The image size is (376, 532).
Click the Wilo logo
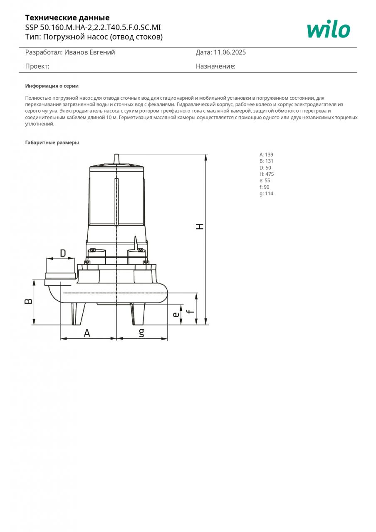click(x=328, y=30)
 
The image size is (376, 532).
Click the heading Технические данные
click(x=67, y=17)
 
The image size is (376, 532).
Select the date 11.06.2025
click(x=229, y=52)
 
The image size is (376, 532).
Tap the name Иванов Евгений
click(x=89, y=52)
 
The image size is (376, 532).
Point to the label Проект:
click(x=37, y=66)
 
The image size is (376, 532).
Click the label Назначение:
click(x=215, y=66)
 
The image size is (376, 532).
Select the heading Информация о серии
click(x=52, y=86)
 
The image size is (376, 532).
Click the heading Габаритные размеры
click(x=52, y=143)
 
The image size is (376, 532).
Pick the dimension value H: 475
click(x=267, y=174)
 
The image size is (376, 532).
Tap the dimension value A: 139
click(x=266, y=155)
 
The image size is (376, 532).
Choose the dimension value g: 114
click(x=266, y=194)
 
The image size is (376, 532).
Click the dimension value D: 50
click(x=265, y=167)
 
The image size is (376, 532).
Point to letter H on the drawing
click(x=200, y=227)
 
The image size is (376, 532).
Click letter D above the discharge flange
click(x=63, y=253)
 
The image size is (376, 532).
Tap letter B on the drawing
click(x=28, y=301)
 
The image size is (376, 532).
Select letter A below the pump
click(x=87, y=333)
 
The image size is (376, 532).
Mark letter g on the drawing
click(x=141, y=332)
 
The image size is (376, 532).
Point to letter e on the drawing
click(x=176, y=315)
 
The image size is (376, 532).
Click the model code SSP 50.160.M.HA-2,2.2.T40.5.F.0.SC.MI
click(x=93, y=27)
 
